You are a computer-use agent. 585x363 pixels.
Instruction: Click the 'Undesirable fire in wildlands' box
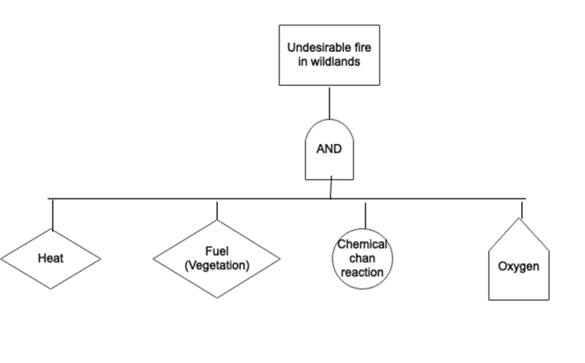(x=329, y=55)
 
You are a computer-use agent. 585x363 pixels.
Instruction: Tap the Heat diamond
(x=51, y=257)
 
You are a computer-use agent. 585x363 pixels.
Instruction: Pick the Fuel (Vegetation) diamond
(x=216, y=259)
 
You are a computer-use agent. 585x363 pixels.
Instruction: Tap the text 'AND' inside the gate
(x=329, y=149)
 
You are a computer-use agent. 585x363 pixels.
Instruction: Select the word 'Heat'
(x=51, y=257)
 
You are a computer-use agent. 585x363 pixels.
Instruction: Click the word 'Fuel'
(x=216, y=252)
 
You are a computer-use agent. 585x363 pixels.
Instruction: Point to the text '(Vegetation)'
(x=216, y=265)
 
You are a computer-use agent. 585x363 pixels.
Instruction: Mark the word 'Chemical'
(x=362, y=245)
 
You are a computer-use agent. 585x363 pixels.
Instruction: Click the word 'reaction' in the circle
(x=362, y=273)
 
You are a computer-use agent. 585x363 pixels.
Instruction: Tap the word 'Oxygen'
(x=519, y=267)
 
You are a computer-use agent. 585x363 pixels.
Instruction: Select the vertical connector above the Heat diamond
(x=53, y=214)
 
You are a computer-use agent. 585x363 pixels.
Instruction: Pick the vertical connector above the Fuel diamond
(x=217, y=210)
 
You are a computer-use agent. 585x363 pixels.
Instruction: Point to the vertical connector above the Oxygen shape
(x=522, y=209)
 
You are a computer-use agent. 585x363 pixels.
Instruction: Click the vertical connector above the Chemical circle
(x=365, y=215)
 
